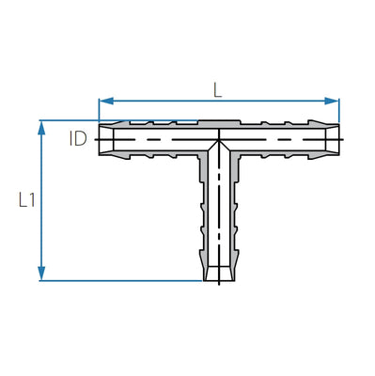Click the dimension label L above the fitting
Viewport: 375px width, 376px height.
click(x=218, y=90)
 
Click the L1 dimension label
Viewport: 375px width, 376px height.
click(x=27, y=200)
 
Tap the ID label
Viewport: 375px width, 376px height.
click(x=78, y=139)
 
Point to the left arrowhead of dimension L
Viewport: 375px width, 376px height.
click(x=106, y=101)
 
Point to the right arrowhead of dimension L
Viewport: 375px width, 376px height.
click(x=332, y=101)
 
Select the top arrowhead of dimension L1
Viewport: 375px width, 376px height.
click(x=41, y=128)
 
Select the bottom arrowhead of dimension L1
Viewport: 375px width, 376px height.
click(x=41, y=274)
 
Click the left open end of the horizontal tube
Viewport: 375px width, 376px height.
click(x=100, y=139)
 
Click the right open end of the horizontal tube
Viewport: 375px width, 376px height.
click(x=338, y=139)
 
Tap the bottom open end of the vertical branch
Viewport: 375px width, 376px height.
click(x=219, y=280)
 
